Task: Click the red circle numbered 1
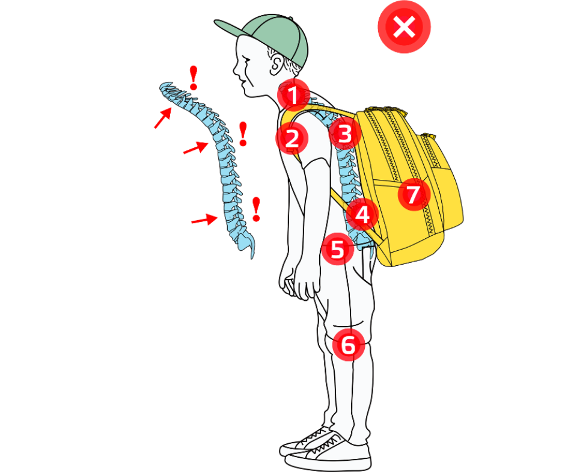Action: pos(294,95)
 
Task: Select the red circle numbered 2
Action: pos(292,138)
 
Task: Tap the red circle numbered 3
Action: pos(344,134)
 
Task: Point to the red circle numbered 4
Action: pos(362,215)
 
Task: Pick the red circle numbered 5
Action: pos(338,248)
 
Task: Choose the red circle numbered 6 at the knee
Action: pos(349,345)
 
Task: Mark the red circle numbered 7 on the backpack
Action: pos(414,194)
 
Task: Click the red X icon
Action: pos(405,26)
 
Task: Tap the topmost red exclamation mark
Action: pos(194,78)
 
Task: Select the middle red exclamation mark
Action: pos(243,134)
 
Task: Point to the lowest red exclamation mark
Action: pos(256,209)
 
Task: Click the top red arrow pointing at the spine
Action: pos(163,118)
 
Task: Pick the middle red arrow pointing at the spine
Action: pos(196,147)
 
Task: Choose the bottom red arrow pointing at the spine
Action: pos(205,220)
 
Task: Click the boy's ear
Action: pos(276,64)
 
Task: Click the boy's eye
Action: pos(246,58)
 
